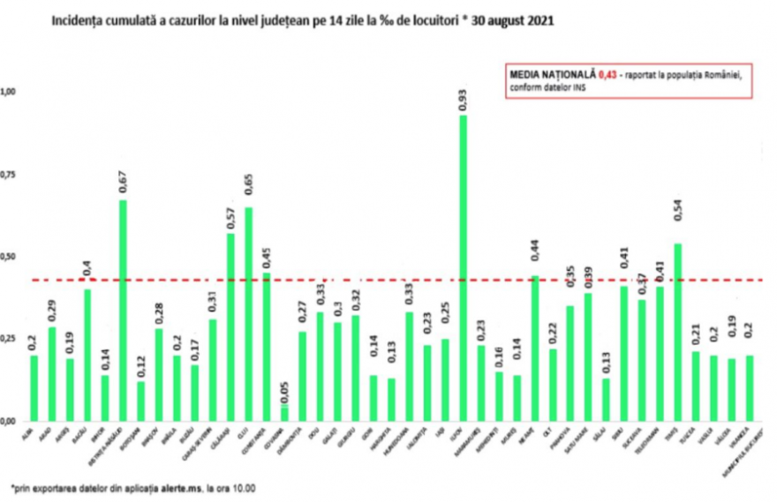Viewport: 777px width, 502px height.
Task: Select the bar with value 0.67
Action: [x=123, y=310]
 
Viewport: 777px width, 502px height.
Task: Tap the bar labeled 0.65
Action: [x=248, y=313]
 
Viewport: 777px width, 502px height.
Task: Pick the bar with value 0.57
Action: [x=230, y=326]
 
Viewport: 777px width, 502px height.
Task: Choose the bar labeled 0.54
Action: [x=677, y=332]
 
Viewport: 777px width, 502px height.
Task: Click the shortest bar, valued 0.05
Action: [x=284, y=412]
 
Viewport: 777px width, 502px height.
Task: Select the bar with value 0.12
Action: [x=141, y=401]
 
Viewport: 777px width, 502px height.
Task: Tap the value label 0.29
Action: [x=52, y=311]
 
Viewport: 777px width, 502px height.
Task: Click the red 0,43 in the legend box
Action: [x=607, y=75]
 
